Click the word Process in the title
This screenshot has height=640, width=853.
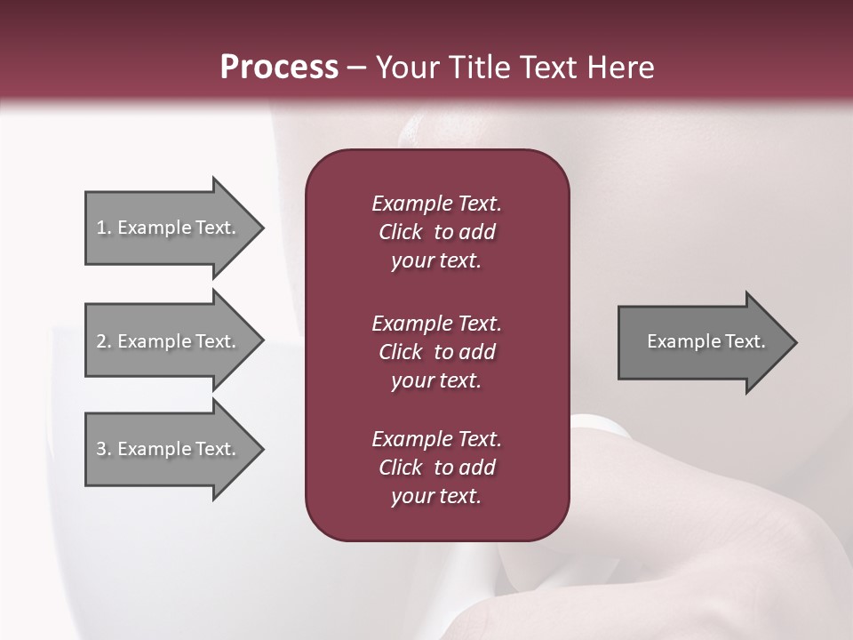[279, 68]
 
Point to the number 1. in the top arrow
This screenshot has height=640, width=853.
[104, 228]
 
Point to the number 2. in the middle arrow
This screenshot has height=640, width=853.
[104, 341]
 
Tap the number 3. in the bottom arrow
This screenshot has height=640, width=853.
[104, 449]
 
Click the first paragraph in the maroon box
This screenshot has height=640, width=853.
[436, 232]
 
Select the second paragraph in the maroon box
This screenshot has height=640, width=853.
[436, 352]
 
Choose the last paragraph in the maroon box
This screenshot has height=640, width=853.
[436, 468]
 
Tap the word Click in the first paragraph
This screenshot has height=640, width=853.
[400, 232]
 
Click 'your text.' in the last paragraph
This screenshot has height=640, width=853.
[436, 497]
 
